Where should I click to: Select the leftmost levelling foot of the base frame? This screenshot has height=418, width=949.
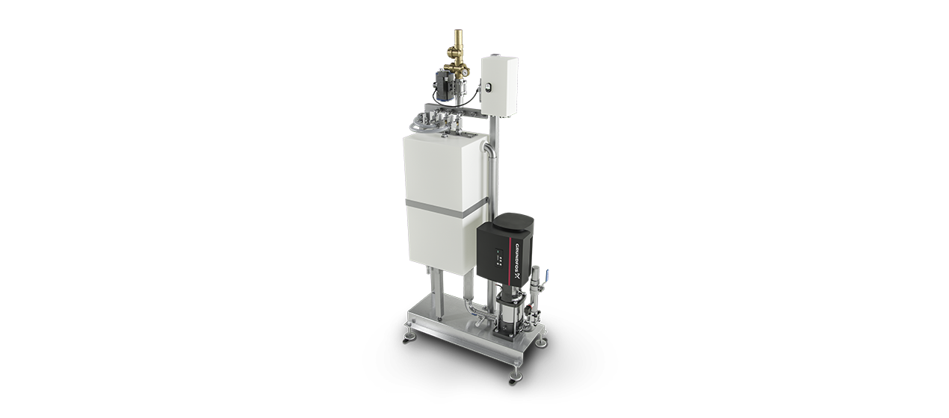[407, 335]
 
